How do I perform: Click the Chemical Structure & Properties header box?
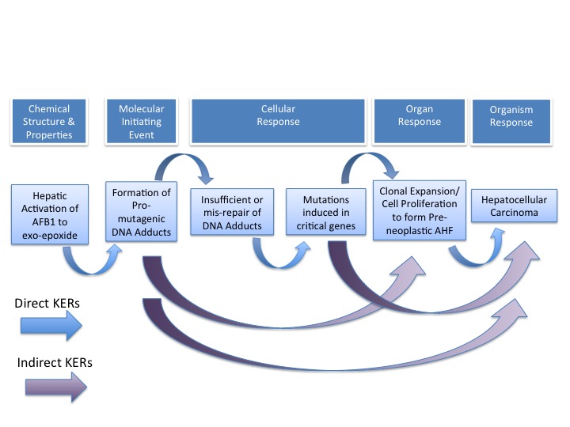coord(49,122)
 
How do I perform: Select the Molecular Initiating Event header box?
coord(140,122)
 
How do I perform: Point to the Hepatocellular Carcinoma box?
coord(514,206)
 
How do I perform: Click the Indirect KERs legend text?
coord(54,362)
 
